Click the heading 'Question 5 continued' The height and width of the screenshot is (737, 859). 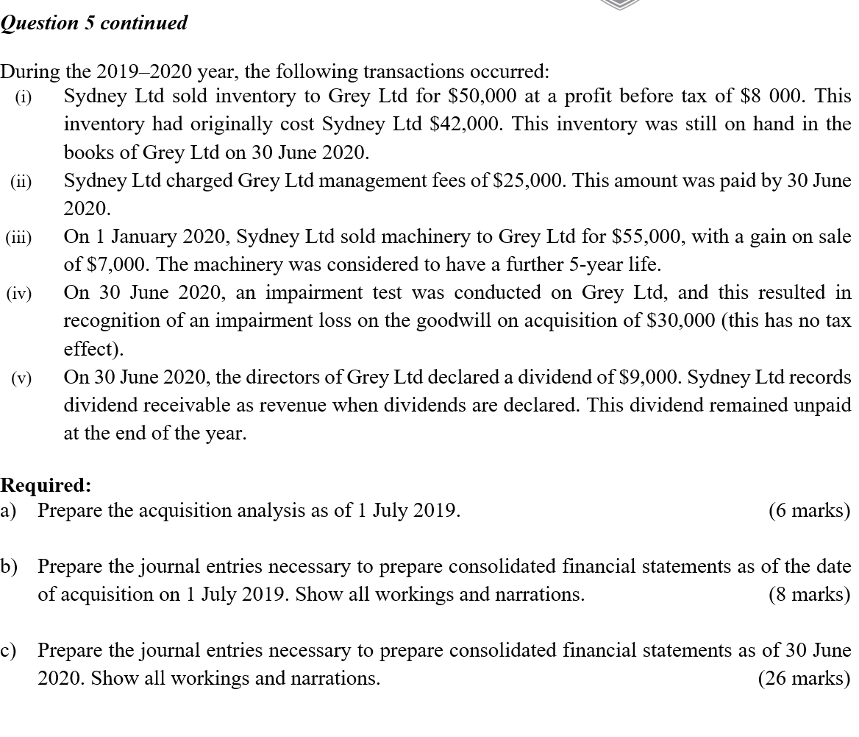pos(93,23)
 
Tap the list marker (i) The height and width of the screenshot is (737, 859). pos(24,97)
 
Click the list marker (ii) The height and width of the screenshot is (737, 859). pos(21,181)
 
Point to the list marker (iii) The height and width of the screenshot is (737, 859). pos(19,237)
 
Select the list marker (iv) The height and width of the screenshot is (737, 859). pos(20,294)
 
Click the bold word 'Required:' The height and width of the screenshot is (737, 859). pos(46,486)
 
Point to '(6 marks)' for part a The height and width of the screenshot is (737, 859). pos(809,511)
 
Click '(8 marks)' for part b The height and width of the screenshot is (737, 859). pos(809,595)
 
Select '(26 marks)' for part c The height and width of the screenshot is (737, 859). pos(804,679)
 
